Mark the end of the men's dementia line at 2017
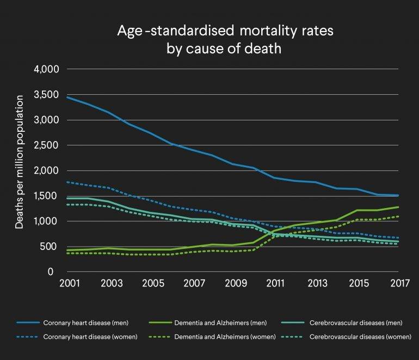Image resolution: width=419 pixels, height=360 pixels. (x=399, y=207)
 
